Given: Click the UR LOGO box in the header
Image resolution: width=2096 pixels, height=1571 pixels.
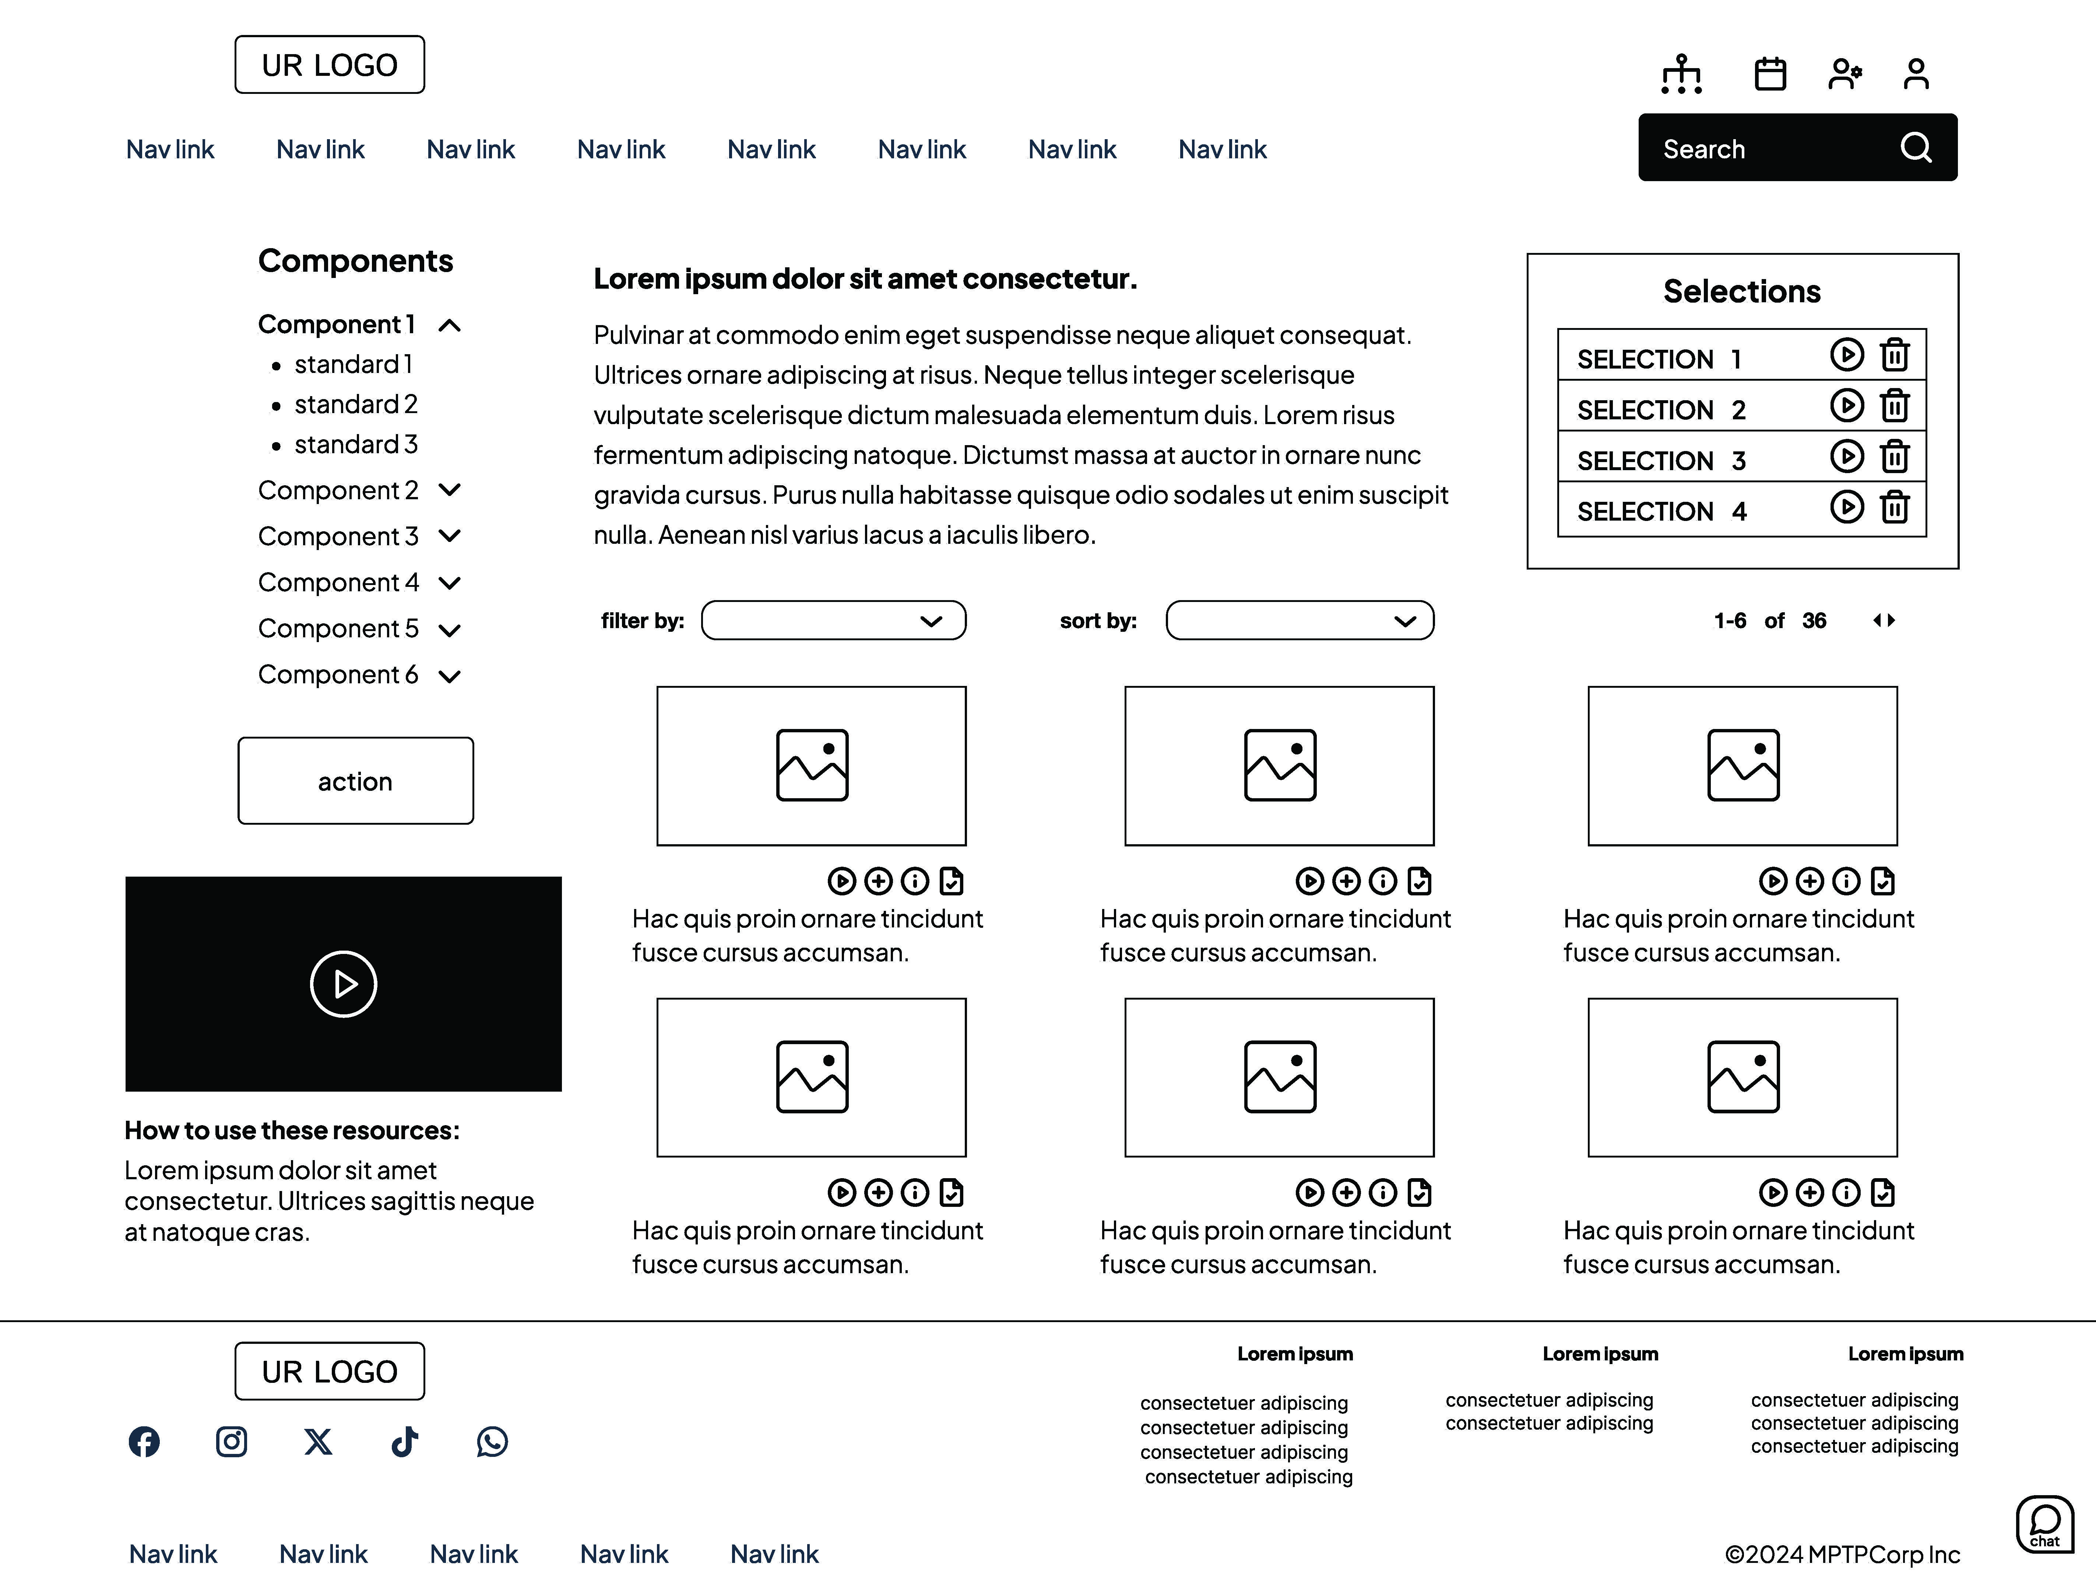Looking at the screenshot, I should (x=330, y=64).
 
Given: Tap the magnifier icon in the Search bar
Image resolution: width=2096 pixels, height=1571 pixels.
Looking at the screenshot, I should (x=1915, y=148).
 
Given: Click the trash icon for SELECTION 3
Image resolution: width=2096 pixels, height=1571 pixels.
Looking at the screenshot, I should (x=1894, y=457).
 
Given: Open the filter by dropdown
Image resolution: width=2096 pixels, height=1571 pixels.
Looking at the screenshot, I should (x=834, y=621).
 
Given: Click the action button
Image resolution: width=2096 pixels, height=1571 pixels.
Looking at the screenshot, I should (x=355, y=781).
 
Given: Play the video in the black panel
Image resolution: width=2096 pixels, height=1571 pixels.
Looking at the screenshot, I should (x=343, y=983).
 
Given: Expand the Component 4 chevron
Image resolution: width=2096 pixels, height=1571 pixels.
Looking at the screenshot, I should (x=450, y=583).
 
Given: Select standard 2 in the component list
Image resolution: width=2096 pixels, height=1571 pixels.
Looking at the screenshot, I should (x=355, y=405).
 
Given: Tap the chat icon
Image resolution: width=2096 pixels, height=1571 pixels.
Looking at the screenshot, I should (x=2044, y=1524).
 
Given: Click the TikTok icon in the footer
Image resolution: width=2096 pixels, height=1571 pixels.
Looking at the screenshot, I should (x=405, y=1441).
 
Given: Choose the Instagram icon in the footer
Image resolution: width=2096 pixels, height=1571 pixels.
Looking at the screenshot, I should (x=231, y=1441).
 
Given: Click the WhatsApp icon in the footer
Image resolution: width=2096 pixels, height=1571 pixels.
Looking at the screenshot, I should (x=492, y=1441).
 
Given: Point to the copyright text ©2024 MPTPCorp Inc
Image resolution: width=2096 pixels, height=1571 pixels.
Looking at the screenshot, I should (x=1841, y=1554).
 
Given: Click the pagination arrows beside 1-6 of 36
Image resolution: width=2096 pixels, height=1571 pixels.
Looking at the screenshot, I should (x=1884, y=621).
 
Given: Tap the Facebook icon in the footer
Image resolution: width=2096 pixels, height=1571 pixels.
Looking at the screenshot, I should (x=144, y=1441).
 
